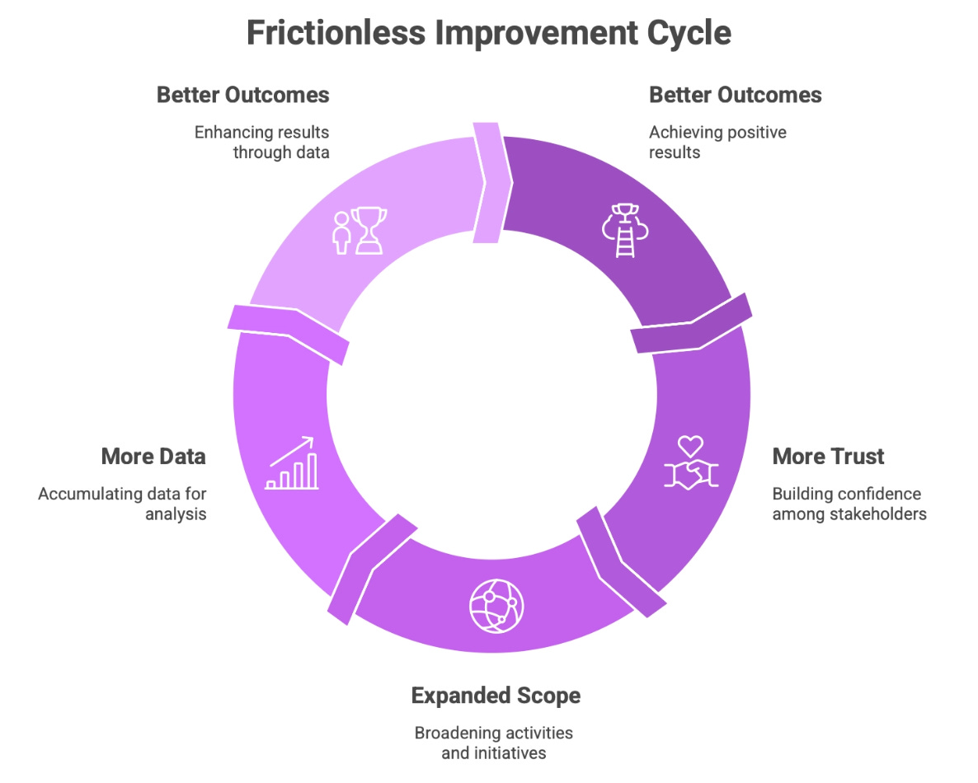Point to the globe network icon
496,607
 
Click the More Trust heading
827,457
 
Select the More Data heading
153,457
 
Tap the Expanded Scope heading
496,696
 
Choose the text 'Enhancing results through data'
261,142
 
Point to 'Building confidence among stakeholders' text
849,504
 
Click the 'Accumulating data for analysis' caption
123,504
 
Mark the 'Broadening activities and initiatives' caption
493,742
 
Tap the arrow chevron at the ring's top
492,183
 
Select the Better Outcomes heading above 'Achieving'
735,95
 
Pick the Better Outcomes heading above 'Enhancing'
243,95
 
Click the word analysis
176,514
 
